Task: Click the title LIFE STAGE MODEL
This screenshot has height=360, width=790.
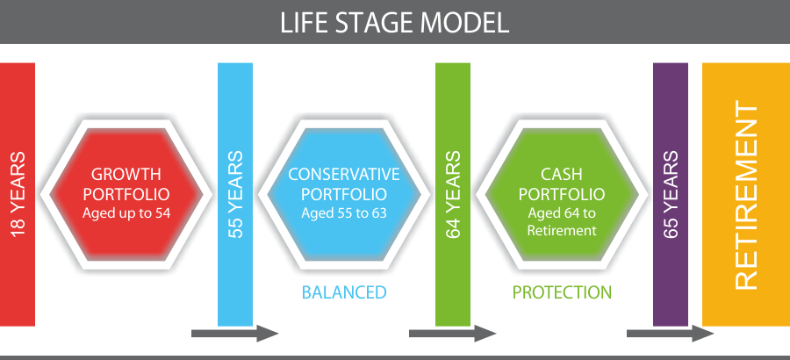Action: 394,23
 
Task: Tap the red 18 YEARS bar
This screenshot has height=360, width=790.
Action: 18,194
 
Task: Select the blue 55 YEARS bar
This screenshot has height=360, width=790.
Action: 235,194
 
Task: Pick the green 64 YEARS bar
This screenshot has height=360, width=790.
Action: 453,194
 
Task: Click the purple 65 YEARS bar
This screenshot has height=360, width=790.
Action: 671,194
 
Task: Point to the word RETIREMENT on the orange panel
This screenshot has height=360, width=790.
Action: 746,195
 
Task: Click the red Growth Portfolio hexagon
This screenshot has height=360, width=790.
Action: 126,194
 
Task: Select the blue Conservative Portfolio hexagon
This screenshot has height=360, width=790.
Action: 344,194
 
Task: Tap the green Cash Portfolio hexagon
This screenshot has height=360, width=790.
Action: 562,194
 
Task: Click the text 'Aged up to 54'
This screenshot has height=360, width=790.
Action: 126,212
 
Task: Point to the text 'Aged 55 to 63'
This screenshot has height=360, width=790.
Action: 344,212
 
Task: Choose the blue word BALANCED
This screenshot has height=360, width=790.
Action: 344,292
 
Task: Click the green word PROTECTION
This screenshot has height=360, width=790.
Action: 562,292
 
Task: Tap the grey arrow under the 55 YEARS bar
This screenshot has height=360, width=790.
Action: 234,334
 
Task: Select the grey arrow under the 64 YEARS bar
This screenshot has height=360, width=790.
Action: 452,334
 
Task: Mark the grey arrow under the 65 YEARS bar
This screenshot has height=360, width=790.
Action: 670,334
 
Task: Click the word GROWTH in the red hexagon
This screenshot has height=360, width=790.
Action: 126,175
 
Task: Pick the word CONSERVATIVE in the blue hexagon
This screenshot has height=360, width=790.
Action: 344,175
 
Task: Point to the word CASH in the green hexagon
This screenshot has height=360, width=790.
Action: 562,175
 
